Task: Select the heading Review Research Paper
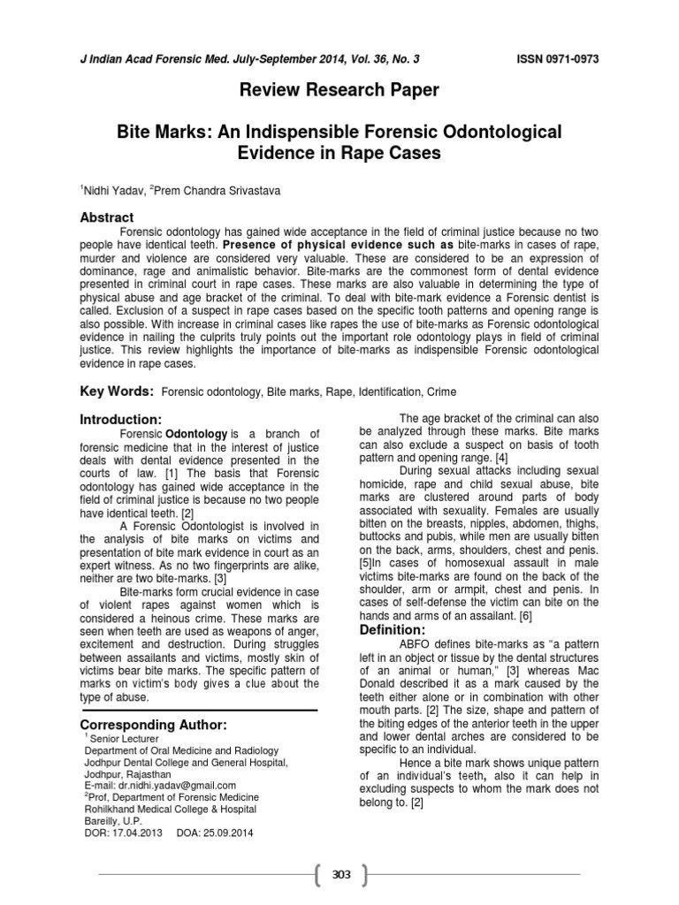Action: tap(340, 90)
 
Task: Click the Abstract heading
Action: tap(107, 217)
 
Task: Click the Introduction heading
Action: tap(121, 418)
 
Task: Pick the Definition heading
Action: tap(393, 629)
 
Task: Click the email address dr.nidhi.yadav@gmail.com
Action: tap(158, 785)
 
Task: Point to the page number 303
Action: tap(340, 875)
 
